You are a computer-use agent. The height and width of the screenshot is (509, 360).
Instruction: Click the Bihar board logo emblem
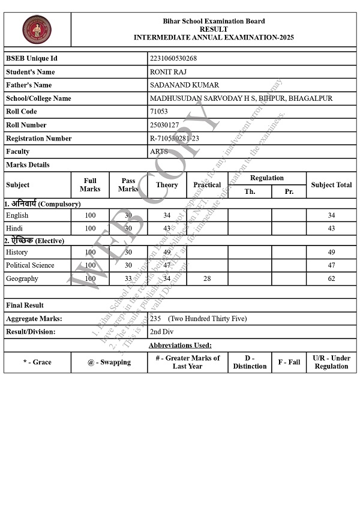click(37, 29)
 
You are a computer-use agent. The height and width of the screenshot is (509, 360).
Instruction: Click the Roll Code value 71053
click(159, 112)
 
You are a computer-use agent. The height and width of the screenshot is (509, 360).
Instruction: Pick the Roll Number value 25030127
click(164, 125)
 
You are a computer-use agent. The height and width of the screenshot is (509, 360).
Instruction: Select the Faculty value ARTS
click(159, 151)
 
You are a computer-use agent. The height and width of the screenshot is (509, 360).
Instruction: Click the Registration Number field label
click(38, 138)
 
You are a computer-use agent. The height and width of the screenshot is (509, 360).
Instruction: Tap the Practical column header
click(207, 185)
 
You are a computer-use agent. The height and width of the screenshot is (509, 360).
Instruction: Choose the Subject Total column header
click(331, 185)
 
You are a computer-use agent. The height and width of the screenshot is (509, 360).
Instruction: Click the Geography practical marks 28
click(207, 279)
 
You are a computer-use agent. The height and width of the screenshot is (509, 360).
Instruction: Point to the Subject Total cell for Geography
click(331, 279)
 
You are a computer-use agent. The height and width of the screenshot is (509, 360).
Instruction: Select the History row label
click(17, 252)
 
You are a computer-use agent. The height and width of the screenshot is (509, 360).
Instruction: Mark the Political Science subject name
click(30, 265)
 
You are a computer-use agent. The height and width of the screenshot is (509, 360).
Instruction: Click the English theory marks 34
click(167, 215)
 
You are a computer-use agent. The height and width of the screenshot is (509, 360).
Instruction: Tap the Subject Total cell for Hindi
click(331, 228)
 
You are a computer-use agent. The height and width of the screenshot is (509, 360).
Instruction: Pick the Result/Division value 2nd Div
click(162, 331)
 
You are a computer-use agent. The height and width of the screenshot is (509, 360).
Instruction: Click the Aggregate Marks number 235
click(155, 318)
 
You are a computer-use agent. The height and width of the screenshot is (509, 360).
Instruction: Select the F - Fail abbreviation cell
click(289, 362)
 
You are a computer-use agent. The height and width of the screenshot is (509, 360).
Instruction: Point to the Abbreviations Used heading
click(180, 345)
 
